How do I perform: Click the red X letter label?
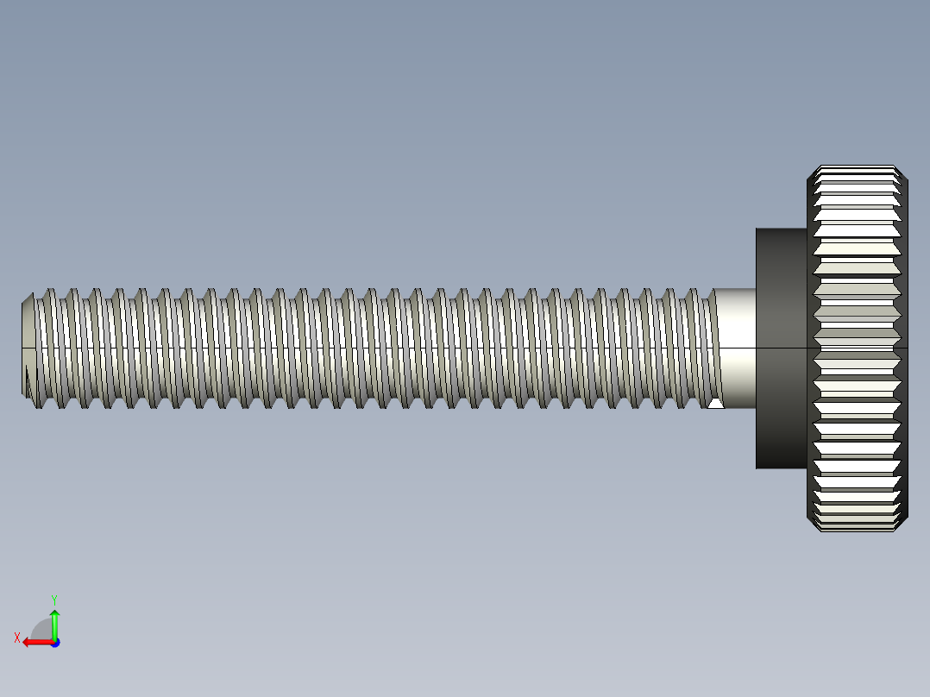pyautogui.click(x=17, y=637)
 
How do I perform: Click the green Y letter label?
pyautogui.click(x=53, y=599)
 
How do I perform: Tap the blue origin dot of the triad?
pyautogui.click(x=54, y=643)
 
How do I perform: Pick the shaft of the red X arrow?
pyautogui.click(x=41, y=642)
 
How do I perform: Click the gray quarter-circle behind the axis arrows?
pyautogui.click(x=41, y=629)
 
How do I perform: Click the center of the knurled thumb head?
pyautogui.click(x=858, y=348)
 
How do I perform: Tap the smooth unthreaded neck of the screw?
pyautogui.click(x=736, y=328)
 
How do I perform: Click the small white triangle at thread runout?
pyautogui.click(x=715, y=403)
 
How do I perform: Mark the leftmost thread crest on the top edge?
pyautogui.click(x=50, y=291)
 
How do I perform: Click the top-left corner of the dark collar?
pyautogui.click(x=757, y=229)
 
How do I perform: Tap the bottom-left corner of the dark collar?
pyautogui.click(x=757, y=467)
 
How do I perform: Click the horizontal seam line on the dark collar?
pyautogui.click(x=782, y=348)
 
